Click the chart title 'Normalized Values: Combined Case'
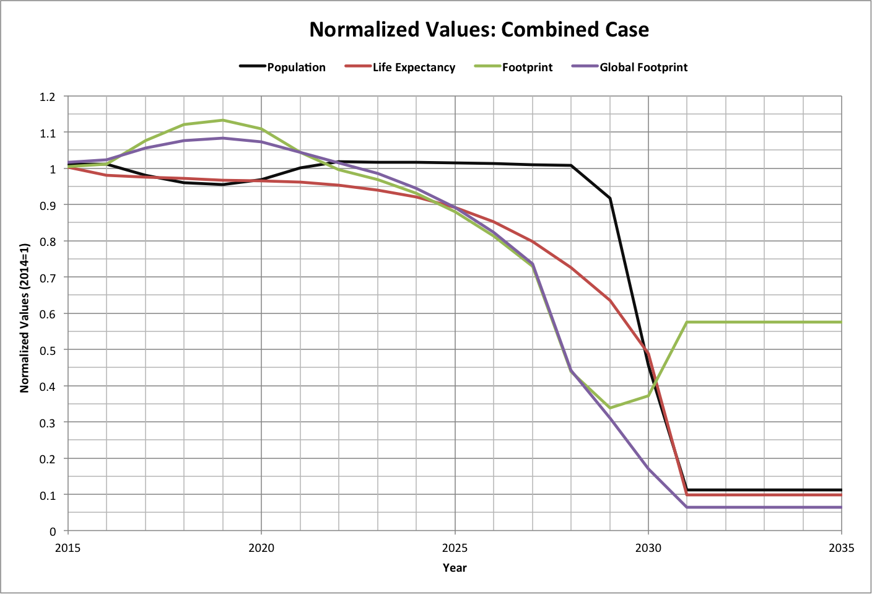coord(479,30)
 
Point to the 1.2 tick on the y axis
coord(48,97)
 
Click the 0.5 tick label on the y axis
coord(48,351)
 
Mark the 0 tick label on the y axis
coord(53,531)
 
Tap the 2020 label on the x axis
coord(261,548)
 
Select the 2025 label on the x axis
coord(455,548)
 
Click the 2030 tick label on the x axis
coord(648,548)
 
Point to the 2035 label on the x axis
coord(841,548)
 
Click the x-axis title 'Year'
coord(455,568)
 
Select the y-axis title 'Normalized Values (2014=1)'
coord(25,317)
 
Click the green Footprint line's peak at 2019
coord(222,120)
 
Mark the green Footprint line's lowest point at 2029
coord(610,408)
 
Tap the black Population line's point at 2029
coord(610,198)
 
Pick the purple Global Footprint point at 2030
coord(648,469)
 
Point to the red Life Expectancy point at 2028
coord(571,268)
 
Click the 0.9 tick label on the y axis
coord(48,206)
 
